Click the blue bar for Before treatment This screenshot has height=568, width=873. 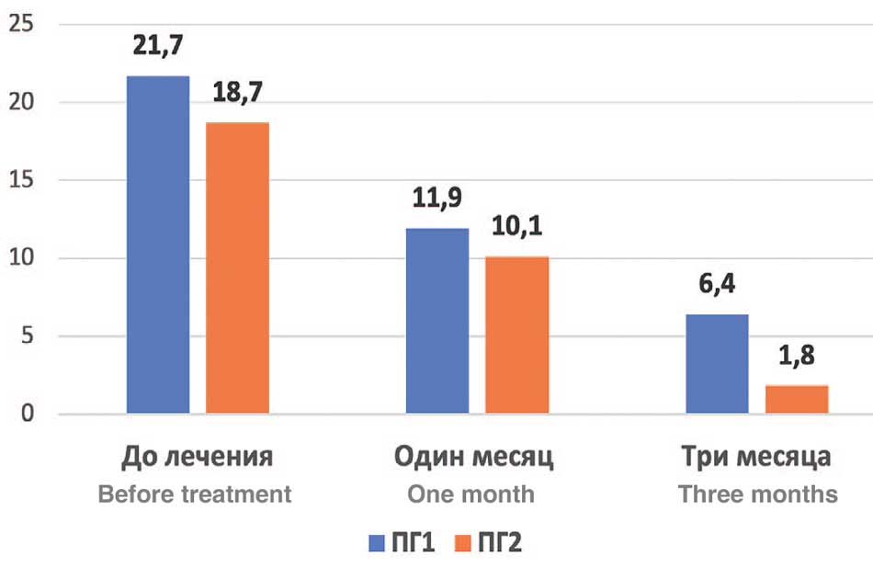[158, 244]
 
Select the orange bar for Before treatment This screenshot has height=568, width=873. [237, 267]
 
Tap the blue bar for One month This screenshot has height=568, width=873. [437, 321]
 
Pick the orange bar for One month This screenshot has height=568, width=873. [516, 335]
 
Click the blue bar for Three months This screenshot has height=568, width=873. [717, 364]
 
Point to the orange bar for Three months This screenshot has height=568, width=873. [797, 400]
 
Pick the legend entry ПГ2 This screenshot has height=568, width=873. [490, 542]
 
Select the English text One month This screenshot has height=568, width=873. [471, 494]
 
